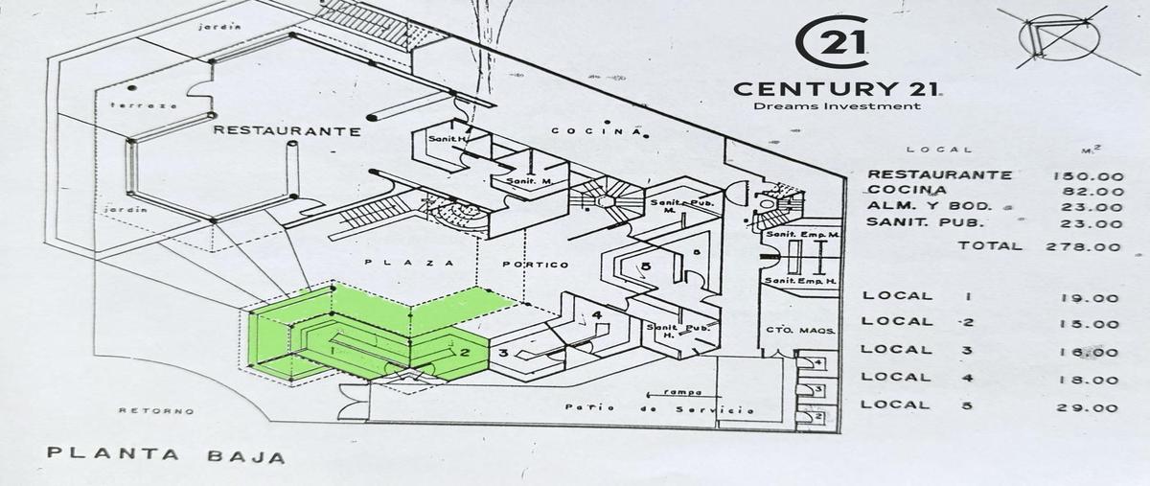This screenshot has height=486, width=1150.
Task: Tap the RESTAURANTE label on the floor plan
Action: pyautogui.click(x=287, y=130)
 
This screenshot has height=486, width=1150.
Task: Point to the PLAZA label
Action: pyautogui.click(x=403, y=263)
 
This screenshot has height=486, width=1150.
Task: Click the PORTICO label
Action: pyautogui.click(x=535, y=265)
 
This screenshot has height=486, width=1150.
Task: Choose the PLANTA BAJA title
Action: pyautogui.click(x=165, y=455)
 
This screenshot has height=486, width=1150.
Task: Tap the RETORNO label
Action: pyautogui.click(x=156, y=411)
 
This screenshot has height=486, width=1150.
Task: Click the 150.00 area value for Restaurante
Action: pyautogui.click(x=1088, y=175)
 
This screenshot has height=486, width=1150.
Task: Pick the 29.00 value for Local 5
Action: pyautogui.click(x=1091, y=408)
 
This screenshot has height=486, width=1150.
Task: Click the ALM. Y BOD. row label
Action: pyautogui.click(x=926, y=207)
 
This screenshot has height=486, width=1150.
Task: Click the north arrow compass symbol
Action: pyautogui.click(x=1062, y=36)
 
